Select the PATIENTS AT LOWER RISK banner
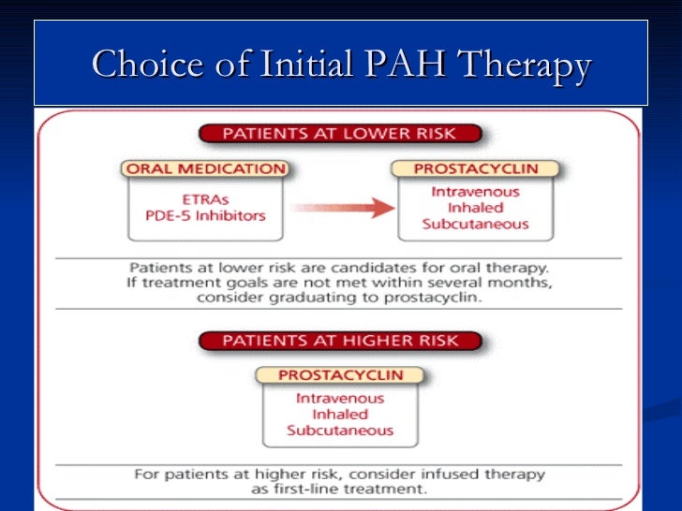point(340,134)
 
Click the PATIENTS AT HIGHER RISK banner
point(341,340)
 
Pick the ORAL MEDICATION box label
point(205,169)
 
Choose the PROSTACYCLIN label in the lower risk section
point(475,169)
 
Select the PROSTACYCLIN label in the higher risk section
point(341,375)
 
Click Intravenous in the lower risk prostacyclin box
point(475,192)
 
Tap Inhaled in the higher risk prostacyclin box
point(340,414)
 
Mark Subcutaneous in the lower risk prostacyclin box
point(475,224)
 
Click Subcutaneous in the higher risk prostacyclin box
point(340,431)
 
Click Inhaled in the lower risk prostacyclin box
point(475,208)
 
